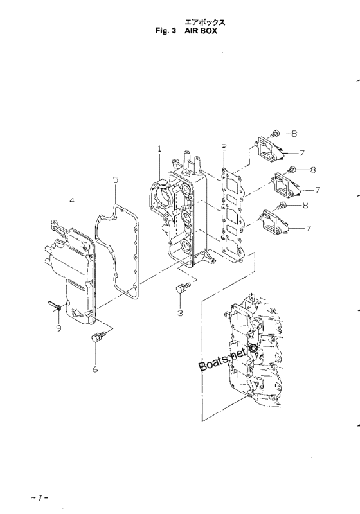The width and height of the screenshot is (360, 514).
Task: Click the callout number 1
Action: click(x=159, y=149)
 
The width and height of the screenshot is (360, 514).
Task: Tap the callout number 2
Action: click(x=224, y=147)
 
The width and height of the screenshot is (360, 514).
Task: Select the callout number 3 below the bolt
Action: click(x=180, y=313)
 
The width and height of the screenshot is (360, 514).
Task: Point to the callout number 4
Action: click(x=72, y=200)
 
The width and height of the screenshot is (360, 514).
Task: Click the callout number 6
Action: click(x=95, y=369)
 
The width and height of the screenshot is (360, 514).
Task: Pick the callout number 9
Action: click(x=59, y=328)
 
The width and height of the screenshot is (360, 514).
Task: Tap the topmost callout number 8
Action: click(x=294, y=134)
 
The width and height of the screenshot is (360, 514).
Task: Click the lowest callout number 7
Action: click(x=308, y=228)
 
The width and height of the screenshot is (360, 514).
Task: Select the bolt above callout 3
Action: click(x=183, y=287)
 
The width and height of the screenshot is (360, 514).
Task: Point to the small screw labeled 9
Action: click(x=55, y=305)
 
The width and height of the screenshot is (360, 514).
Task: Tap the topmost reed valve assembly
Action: click(x=267, y=150)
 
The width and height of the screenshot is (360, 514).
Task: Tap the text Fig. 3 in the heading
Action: click(x=166, y=31)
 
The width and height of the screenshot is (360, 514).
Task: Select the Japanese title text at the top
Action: click(x=205, y=22)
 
